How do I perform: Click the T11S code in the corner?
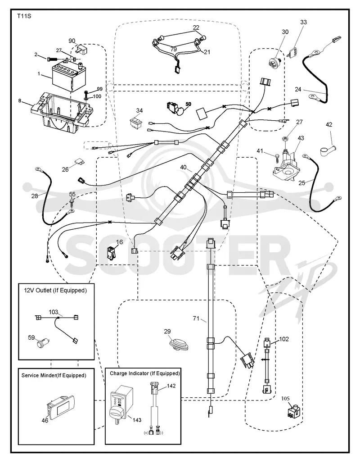click(24, 16)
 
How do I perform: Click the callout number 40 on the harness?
click(183, 168)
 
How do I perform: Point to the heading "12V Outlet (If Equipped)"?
click(55, 291)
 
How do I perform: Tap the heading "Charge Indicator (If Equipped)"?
click(145, 373)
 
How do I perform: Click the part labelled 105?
click(294, 412)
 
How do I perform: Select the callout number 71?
click(196, 318)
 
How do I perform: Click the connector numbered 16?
click(111, 253)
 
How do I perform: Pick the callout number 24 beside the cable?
click(298, 89)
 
